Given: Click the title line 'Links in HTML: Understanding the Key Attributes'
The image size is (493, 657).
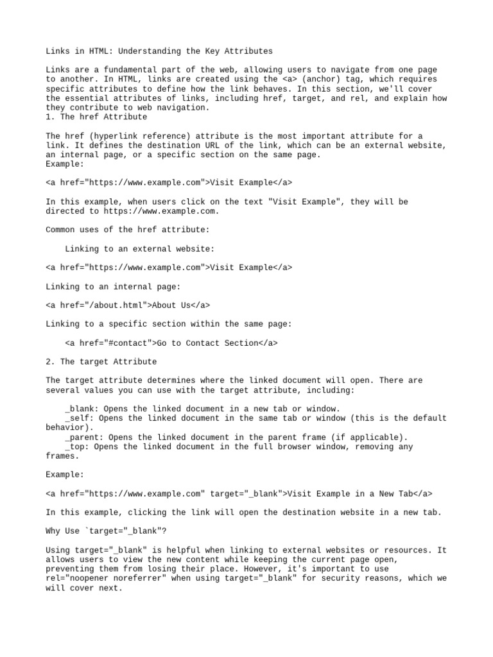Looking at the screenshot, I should (x=159, y=51).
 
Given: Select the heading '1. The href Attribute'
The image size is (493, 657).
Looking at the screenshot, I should (x=96, y=117).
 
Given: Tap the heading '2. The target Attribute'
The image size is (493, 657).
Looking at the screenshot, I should (x=101, y=362).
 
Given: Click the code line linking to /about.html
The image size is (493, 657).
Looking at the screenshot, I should (x=128, y=305).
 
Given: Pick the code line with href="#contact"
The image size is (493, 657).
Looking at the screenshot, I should (x=171, y=343).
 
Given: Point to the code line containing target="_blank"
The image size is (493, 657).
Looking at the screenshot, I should (x=239, y=494).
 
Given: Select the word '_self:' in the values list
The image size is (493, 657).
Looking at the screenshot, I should (x=80, y=418).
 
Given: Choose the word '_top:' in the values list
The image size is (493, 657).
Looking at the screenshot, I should (x=77, y=447).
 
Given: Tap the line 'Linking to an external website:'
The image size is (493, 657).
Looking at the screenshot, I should (x=140, y=249).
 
